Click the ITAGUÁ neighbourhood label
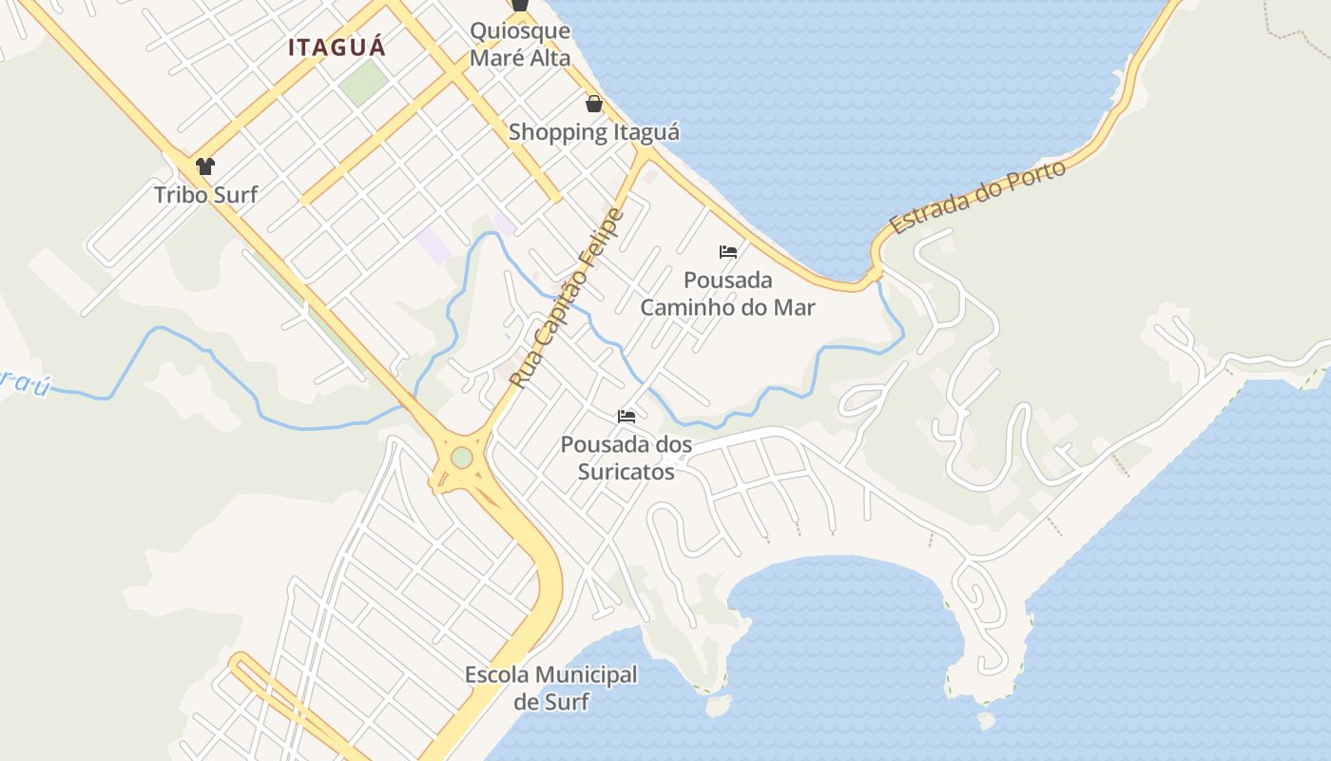click(338, 47)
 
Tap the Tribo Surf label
click(206, 195)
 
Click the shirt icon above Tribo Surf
click(205, 166)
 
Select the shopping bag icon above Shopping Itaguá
click(594, 103)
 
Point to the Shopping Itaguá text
click(594, 131)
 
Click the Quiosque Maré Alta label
click(521, 44)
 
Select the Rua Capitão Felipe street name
click(567, 298)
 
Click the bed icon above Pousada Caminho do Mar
click(728, 252)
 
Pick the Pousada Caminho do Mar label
click(728, 294)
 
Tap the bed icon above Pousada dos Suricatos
click(627, 416)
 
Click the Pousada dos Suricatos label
click(627, 458)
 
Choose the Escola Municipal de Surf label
click(551, 689)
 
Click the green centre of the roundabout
click(462, 458)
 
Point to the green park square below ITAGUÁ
click(364, 83)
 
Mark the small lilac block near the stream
click(434, 245)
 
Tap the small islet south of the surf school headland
click(720, 705)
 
